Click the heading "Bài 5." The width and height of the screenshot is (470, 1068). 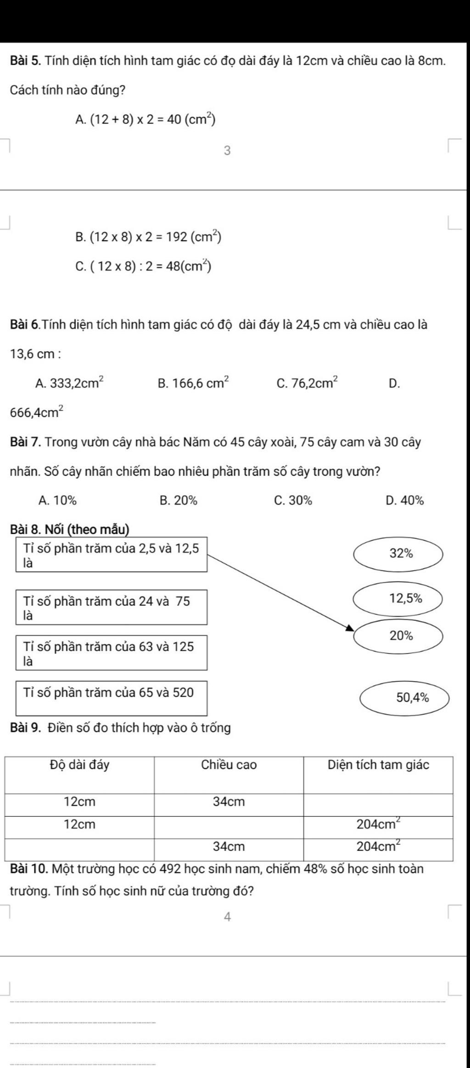point(26,61)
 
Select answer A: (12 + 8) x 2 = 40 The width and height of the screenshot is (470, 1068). point(145,120)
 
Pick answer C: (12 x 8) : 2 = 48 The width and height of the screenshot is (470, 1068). point(143,266)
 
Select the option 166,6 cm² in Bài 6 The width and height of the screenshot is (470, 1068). point(193,383)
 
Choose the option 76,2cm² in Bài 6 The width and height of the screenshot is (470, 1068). point(308,383)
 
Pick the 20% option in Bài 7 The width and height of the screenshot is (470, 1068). point(179,500)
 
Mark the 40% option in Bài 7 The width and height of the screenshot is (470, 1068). point(405,500)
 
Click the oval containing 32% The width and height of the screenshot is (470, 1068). point(398,554)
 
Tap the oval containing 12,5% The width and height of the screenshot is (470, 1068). point(398,599)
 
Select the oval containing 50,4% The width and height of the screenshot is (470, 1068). point(404,698)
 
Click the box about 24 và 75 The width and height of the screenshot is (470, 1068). point(112,607)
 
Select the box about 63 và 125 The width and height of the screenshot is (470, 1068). point(112,652)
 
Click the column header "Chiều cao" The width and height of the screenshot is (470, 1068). point(229,765)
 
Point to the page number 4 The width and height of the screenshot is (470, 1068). point(227,917)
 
